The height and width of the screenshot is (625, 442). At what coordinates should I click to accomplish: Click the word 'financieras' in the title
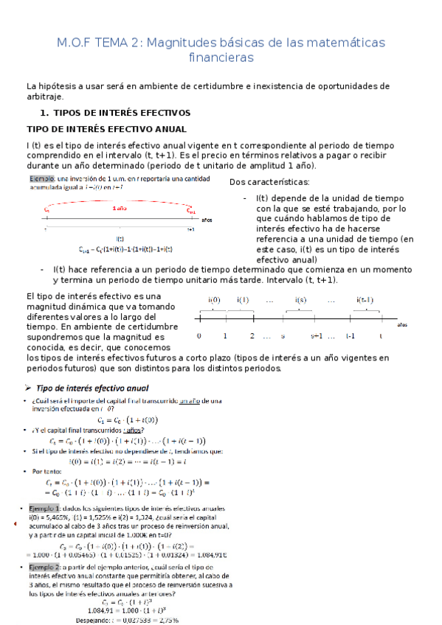coord(221,57)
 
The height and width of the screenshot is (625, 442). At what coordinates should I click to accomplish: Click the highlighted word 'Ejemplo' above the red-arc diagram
coord(41,178)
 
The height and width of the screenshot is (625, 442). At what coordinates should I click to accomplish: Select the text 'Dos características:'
coord(269,182)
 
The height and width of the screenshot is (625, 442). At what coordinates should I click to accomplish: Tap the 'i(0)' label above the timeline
coord(215,300)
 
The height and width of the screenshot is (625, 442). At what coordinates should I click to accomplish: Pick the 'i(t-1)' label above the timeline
coord(365,300)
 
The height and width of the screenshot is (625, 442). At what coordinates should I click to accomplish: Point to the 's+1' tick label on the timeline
coord(317,336)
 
